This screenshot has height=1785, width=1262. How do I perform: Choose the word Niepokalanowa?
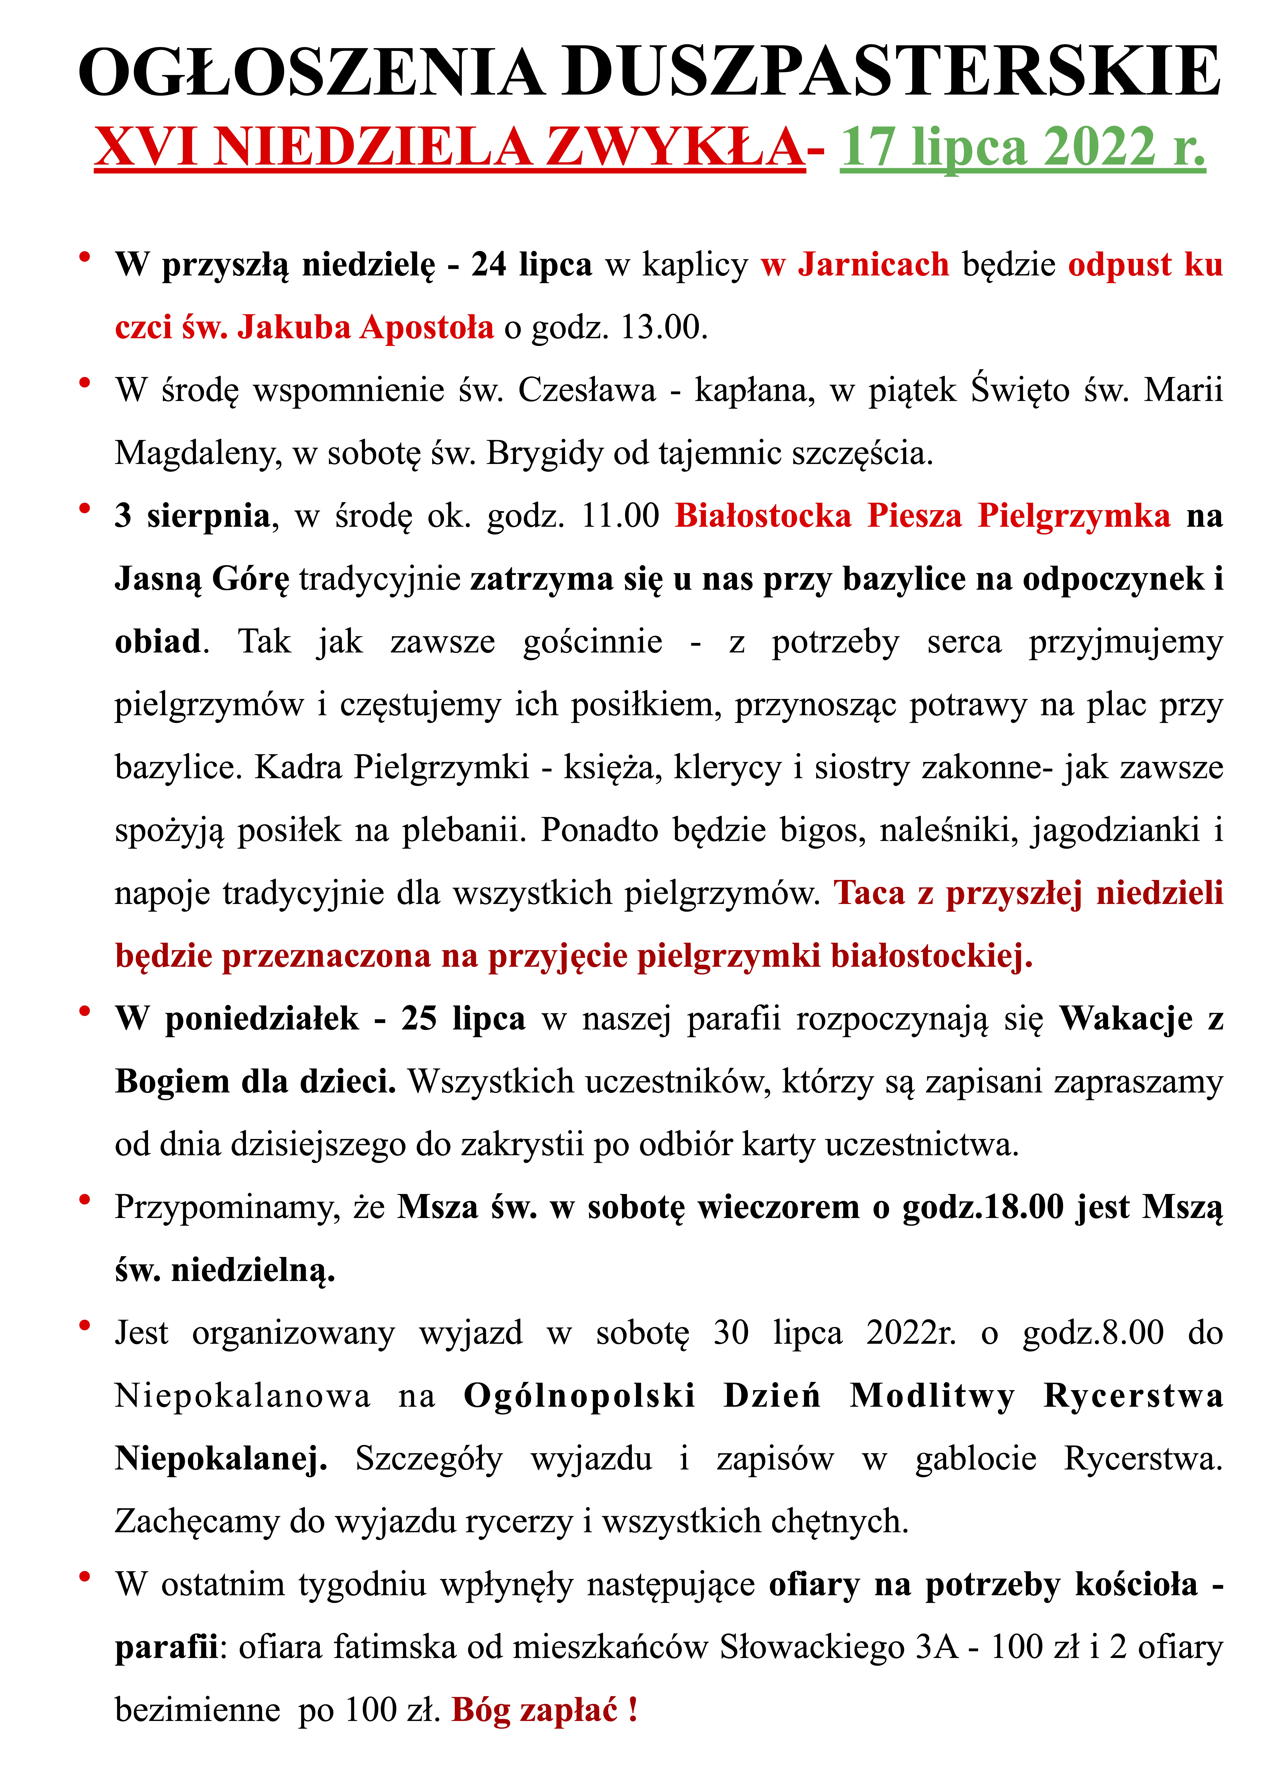point(243,1396)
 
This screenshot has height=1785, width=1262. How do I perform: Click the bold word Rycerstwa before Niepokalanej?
point(1132,1396)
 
